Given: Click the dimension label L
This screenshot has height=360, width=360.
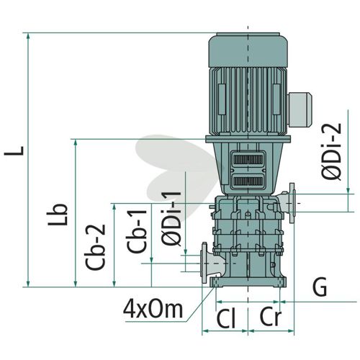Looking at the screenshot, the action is [14, 150].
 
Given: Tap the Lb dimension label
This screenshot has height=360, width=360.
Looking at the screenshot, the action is [57, 215].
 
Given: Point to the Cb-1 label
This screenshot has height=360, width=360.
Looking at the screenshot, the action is [136, 231].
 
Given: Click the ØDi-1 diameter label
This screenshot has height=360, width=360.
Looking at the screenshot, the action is [171, 218].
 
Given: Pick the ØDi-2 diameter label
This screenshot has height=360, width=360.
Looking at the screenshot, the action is [331, 151].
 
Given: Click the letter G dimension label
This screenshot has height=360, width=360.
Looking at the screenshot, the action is [320, 287].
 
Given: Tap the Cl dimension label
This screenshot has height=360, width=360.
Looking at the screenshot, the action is [226, 319].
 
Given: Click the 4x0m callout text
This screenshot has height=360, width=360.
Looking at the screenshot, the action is [153, 310].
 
